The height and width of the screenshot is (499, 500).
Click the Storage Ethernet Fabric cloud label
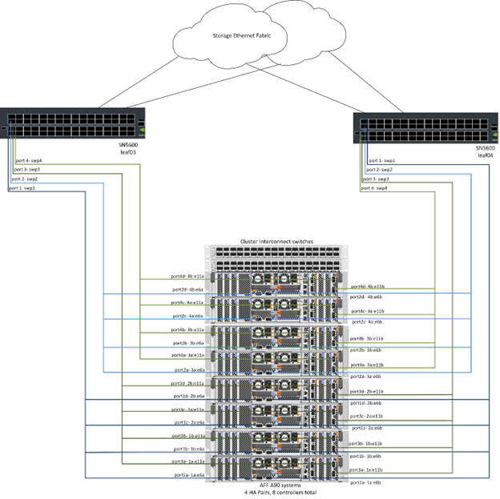pyautogui.click(x=248, y=36)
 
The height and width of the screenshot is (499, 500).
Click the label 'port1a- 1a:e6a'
pyautogui.click(x=188, y=476)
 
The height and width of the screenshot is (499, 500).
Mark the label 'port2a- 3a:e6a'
pyautogui.click(x=189, y=371)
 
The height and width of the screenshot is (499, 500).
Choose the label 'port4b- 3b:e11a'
pyautogui.click(x=188, y=329)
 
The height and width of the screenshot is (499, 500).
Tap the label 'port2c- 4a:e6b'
pyautogui.click(x=368, y=322)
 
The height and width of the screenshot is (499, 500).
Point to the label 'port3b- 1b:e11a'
pyautogui.click(x=188, y=436)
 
